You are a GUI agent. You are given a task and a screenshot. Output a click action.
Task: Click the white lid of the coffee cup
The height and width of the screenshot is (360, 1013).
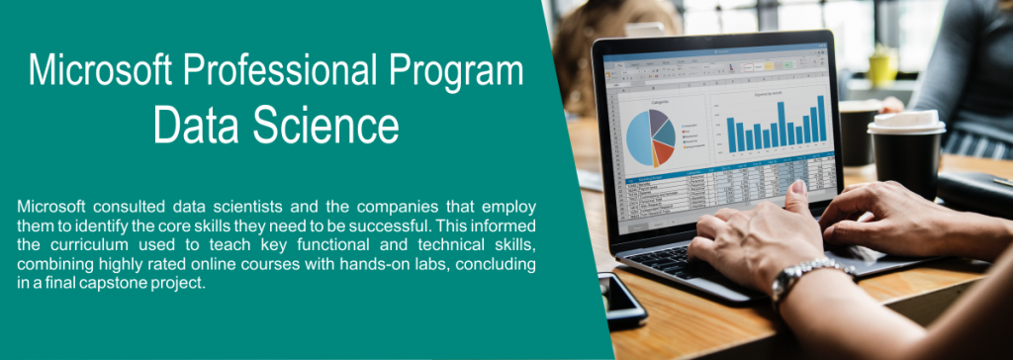pos(905,123)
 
